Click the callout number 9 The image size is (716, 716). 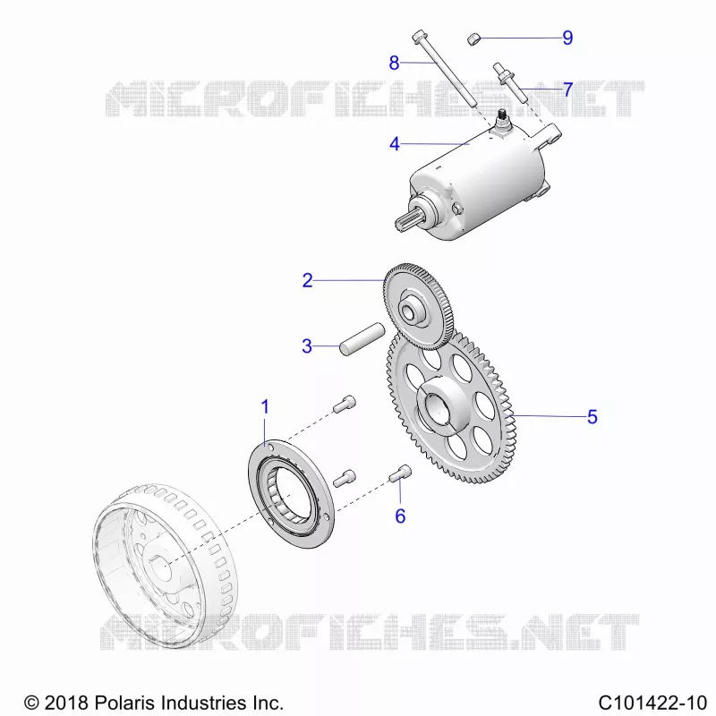pyautogui.click(x=567, y=38)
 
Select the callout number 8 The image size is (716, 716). pyautogui.click(x=394, y=63)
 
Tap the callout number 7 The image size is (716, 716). pyautogui.click(x=567, y=89)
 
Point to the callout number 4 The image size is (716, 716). pyautogui.click(x=394, y=144)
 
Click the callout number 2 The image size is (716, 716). pyautogui.click(x=307, y=280)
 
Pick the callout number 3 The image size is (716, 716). pyautogui.click(x=307, y=345)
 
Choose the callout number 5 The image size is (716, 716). pyautogui.click(x=592, y=416)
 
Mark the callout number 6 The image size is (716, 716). pyautogui.click(x=400, y=516)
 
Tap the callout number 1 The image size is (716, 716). pyautogui.click(x=265, y=406)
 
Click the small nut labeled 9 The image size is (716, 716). pyautogui.click(x=474, y=38)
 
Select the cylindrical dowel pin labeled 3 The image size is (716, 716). pyautogui.click(x=362, y=338)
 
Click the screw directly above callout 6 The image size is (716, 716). pyautogui.click(x=400, y=473)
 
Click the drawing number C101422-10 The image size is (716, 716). pyautogui.click(x=652, y=703)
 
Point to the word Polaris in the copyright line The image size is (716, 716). pyautogui.click(x=125, y=703)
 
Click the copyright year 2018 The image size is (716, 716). pyautogui.click(x=65, y=703)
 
